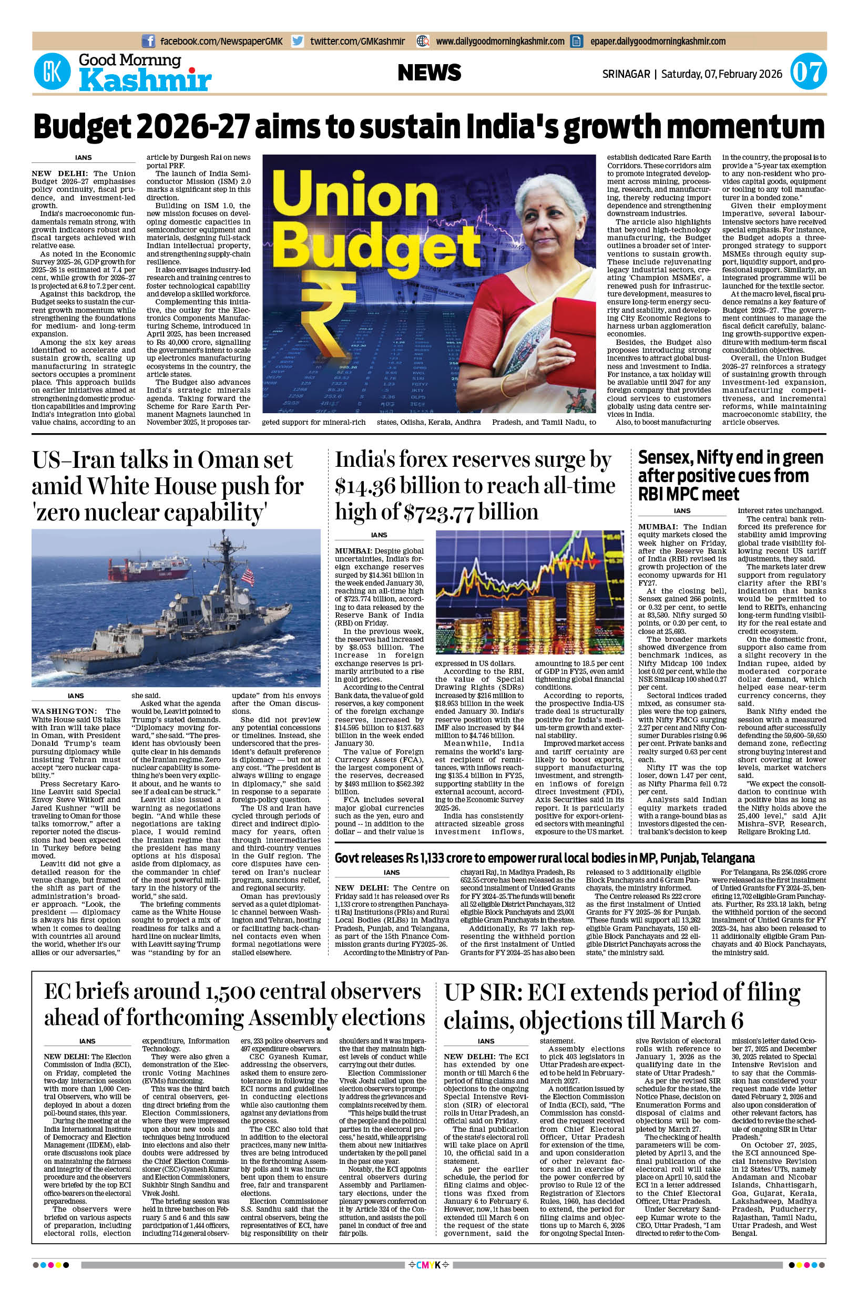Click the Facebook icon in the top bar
click(148, 41)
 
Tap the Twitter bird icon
click(298, 41)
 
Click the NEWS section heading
click(429, 72)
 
